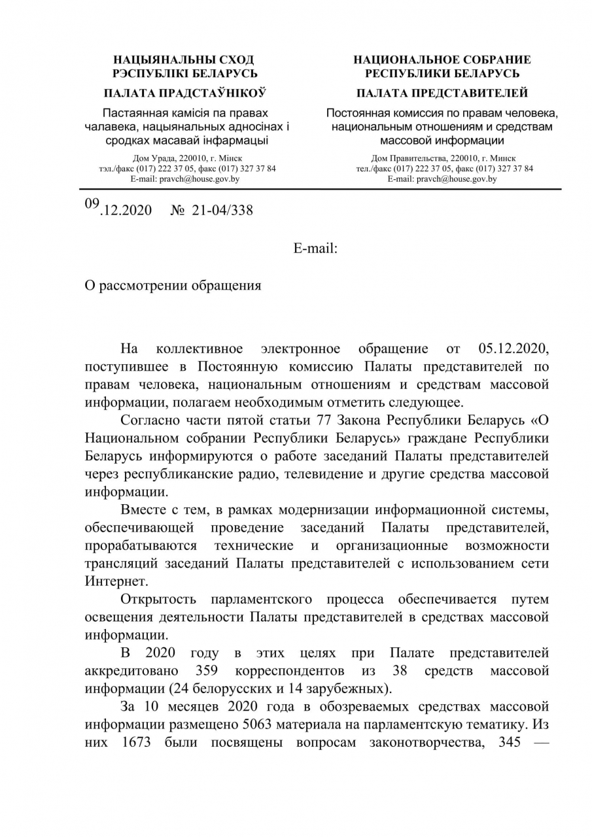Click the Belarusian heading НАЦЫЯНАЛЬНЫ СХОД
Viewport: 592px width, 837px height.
click(184, 60)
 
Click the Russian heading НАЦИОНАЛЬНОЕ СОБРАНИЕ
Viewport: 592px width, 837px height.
click(442, 60)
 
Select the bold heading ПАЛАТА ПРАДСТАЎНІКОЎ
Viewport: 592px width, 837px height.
click(184, 93)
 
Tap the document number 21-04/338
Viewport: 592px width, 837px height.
click(222, 210)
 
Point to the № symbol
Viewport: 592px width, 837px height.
click(177, 210)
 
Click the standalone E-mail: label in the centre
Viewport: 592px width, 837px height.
click(315, 247)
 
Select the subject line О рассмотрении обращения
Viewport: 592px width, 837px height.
click(173, 286)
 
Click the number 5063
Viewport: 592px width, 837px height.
click(261, 725)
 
